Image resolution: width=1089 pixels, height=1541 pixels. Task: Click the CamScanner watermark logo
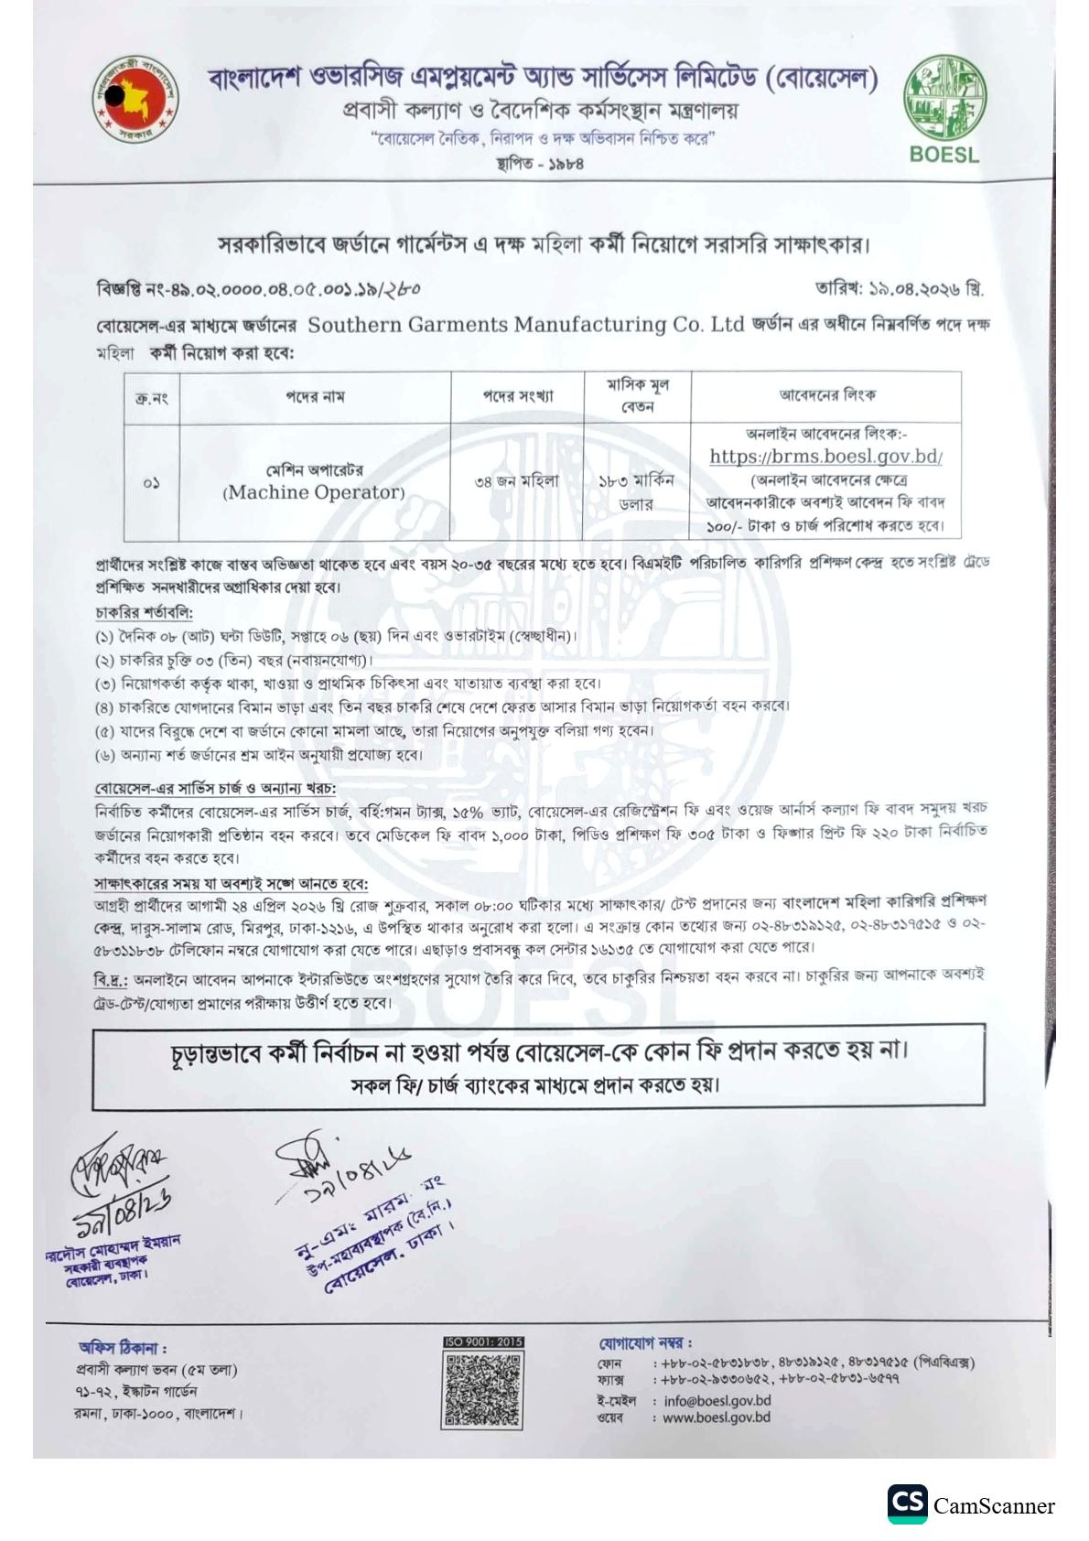tap(972, 1505)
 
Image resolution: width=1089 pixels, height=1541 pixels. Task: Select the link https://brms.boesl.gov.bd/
tap(825, 456)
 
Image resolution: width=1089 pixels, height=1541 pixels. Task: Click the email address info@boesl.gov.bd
tap(717, 1400)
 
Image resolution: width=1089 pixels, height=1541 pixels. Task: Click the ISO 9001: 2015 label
tap(484, 1342)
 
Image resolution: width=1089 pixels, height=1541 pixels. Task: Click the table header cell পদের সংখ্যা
tap(517, 396)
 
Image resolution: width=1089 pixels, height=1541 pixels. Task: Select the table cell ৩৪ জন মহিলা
tap(517, 480)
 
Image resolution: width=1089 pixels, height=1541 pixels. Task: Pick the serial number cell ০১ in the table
tap(152, 483)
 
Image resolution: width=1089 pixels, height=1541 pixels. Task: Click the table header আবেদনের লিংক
tap(825, 395)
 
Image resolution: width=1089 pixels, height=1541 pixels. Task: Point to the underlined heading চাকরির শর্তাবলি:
tap(144, 612)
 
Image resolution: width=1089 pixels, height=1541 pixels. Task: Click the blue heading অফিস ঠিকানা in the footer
tap(122, 1348)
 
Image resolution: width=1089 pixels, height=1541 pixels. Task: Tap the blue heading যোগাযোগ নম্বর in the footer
tap(645, 1343)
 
